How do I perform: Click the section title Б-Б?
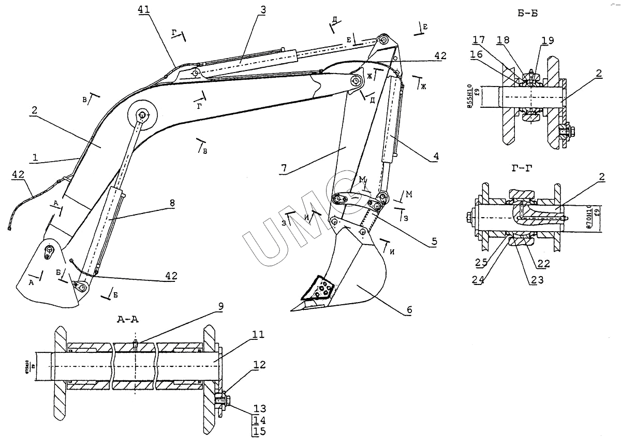(x=527, y=14)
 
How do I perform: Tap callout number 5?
(x=434, y=241)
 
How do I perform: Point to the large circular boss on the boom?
(x=141, y=116)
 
